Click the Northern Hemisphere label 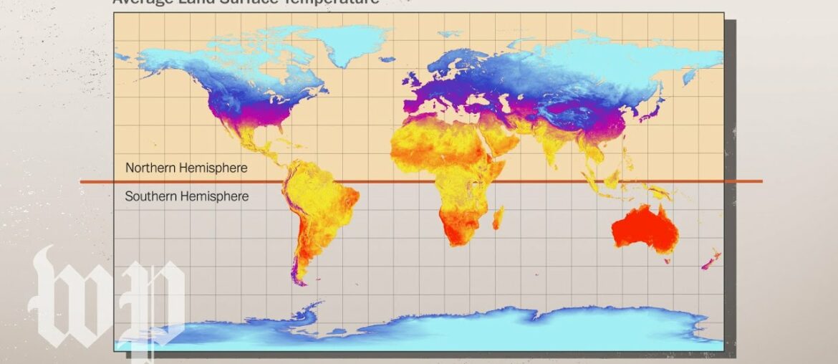[x=186, y=168]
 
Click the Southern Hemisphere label [x=186, y=196]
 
